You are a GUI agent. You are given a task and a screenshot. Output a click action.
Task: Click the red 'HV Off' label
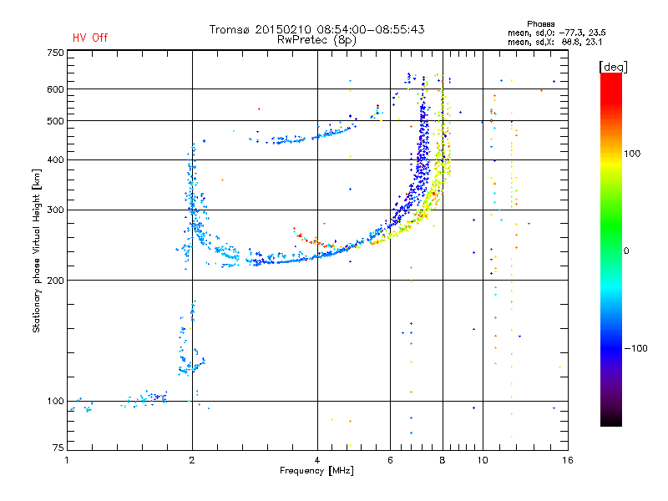90,38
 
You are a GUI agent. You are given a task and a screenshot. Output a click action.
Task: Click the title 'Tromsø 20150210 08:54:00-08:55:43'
317,29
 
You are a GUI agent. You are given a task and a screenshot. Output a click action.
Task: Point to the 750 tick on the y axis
55,53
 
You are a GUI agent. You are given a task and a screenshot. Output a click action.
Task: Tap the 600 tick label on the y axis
55,89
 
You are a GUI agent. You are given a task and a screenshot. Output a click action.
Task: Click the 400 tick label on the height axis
55,159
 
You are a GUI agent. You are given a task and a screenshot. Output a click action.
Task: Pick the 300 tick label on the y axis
55,210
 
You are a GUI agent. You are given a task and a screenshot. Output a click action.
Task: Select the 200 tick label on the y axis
55,280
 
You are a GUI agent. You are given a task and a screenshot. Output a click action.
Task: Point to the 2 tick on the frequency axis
192,459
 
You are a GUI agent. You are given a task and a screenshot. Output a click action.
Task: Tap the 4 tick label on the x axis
317,459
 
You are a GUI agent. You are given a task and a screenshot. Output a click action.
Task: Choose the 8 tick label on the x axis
443,459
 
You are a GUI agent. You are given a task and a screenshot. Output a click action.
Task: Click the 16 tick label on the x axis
567,459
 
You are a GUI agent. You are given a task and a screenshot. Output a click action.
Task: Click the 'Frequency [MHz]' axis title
317,471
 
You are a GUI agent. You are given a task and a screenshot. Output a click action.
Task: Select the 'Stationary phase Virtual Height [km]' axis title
37,250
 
